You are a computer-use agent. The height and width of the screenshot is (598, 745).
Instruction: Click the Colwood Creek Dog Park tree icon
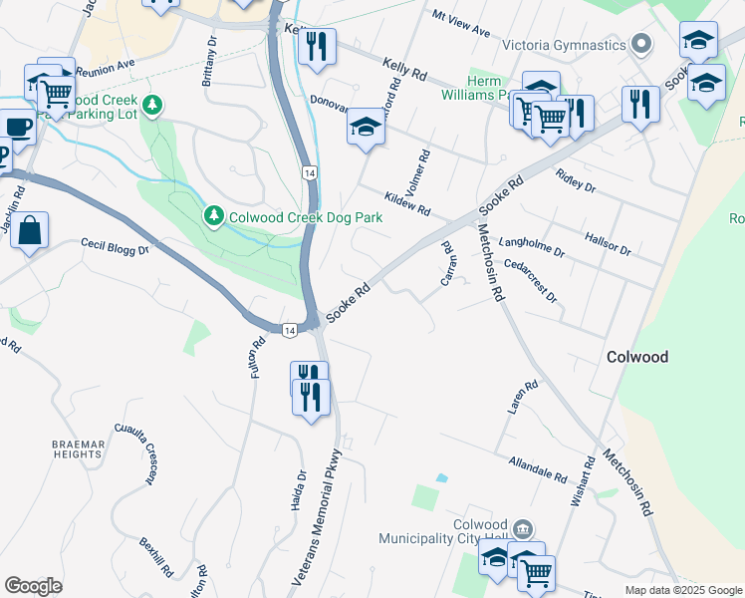pos(213,215)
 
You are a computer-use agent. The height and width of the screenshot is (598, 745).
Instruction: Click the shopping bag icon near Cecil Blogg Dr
pos(30,230)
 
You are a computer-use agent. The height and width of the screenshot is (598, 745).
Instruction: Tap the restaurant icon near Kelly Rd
pos(317,46)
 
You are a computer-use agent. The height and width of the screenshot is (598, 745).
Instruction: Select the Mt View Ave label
pos(461,24)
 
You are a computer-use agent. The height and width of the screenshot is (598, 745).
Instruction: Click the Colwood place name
pos(638,357)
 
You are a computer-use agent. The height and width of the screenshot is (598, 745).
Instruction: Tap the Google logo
pos(34,586)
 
